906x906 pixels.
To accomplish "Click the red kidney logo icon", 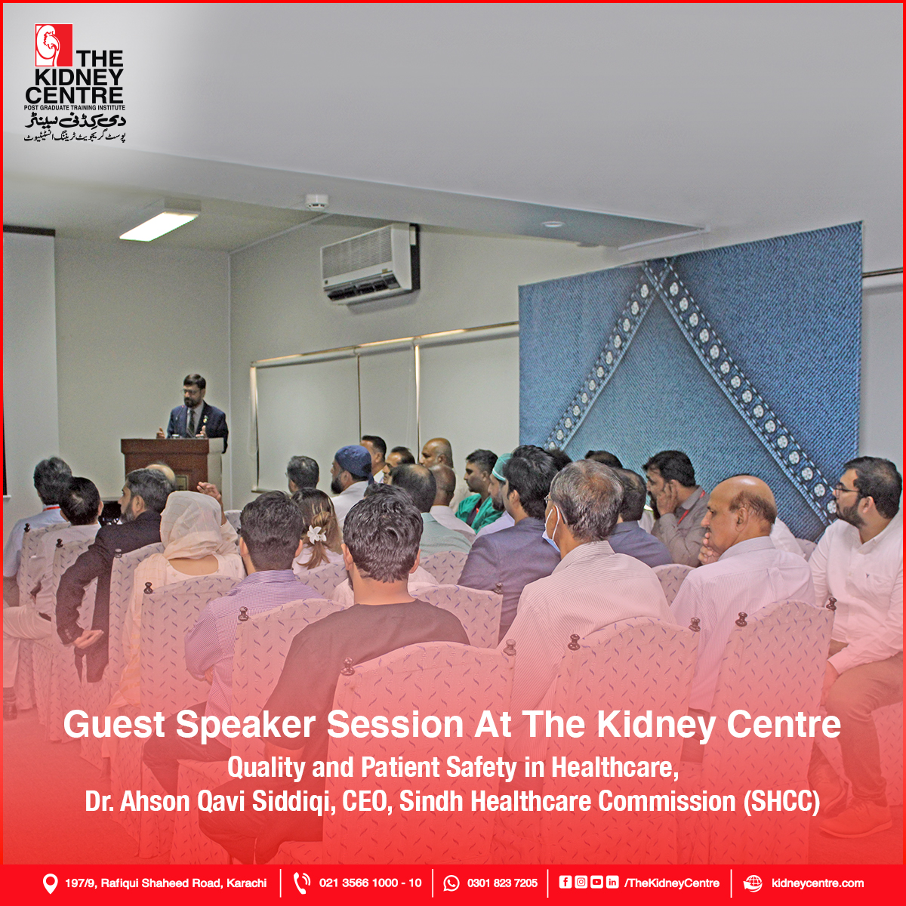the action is coord(54,45).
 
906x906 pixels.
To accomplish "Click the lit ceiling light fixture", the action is coord(159,225).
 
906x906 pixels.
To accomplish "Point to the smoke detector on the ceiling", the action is coord(316,201).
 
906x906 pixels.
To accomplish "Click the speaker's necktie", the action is coord(191,422).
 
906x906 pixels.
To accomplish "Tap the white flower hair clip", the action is coord(313,534).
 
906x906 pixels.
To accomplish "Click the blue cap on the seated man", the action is coord(353,461).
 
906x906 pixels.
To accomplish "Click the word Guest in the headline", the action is coord(114,725).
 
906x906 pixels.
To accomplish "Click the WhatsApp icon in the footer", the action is coord(451,883).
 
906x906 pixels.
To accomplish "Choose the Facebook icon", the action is coord(565,882).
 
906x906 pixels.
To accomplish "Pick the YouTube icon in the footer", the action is coord(596,882).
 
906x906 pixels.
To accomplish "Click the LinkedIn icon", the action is coord(612,882).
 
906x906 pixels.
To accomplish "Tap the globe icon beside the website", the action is coord(752,883).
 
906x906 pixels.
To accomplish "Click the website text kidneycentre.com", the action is coord(817,883).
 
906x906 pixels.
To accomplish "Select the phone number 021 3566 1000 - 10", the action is coord(371,883).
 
